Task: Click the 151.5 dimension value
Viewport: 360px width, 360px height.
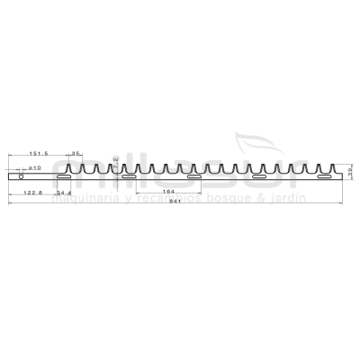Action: coord(38,154)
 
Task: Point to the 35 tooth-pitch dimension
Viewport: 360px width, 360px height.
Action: coord(76,154)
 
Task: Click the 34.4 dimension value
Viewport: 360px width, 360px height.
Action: coord(64,193)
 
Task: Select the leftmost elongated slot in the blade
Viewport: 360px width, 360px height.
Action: coord(63,178)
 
